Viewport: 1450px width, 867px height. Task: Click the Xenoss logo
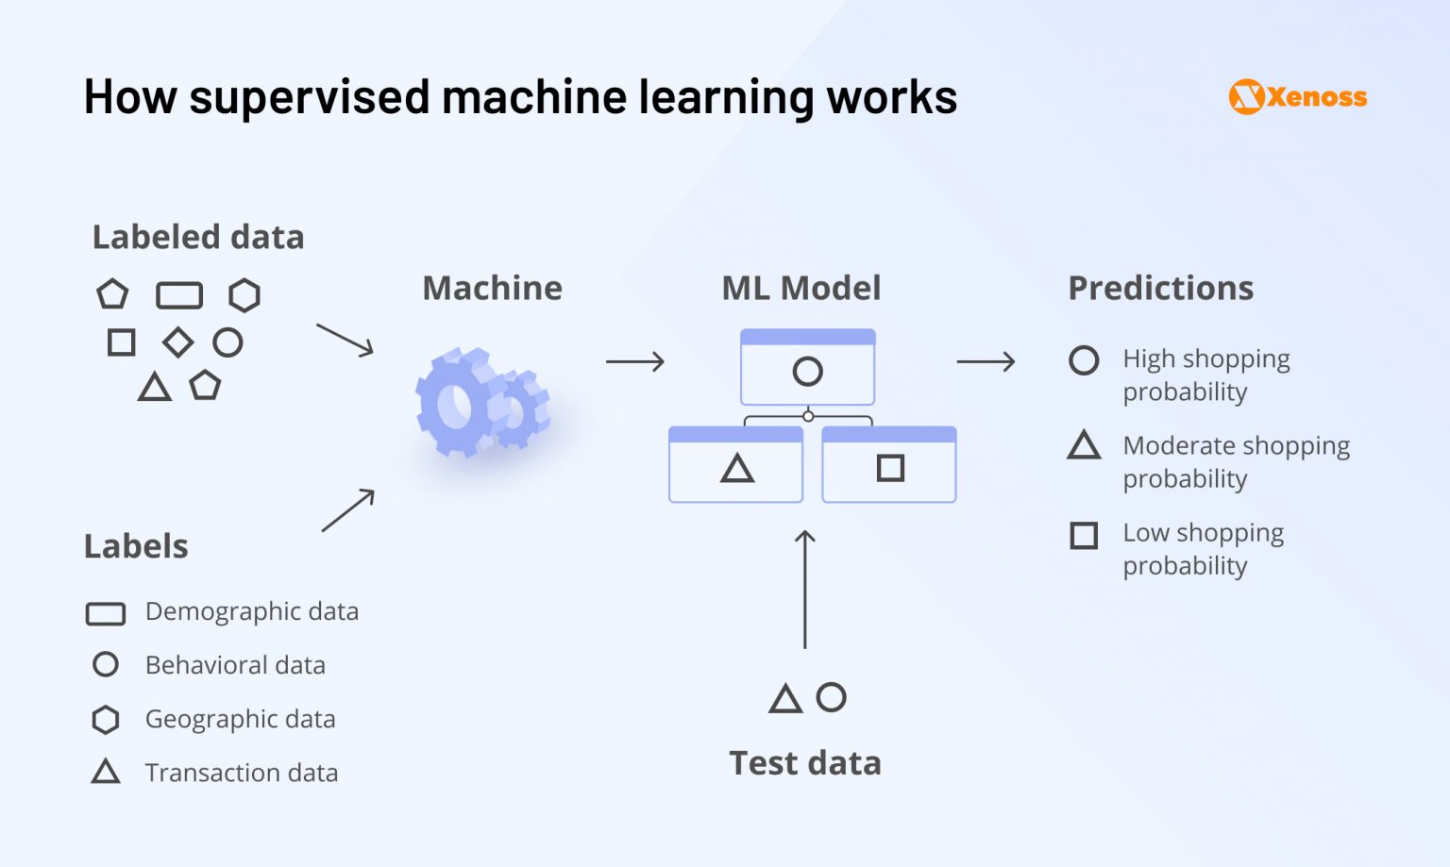pos(1297,97)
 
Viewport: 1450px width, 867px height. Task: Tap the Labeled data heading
pos(198,237)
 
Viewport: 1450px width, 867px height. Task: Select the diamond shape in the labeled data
pos(177,342)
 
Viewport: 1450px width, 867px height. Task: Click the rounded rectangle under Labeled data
pos(179,295)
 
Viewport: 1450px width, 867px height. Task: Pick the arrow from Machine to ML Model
pos(635,361)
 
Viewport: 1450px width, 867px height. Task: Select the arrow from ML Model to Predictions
pos(986,361)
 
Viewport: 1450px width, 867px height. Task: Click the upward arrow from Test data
pos(804,589)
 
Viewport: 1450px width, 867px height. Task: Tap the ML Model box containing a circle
pos(807,368)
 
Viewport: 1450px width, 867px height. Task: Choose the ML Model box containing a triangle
pos(735,465)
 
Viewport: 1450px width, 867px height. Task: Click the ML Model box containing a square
pos(889,465)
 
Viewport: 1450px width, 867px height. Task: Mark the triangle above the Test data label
pos(785,699)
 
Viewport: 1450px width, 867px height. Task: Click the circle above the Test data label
pos(831,697)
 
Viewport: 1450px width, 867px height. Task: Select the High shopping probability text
pos(1206,375)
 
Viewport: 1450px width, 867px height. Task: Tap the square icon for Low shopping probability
pos(1084,536)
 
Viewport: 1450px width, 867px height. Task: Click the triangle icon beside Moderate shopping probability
pos(1084,445)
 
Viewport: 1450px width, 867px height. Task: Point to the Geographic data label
pos(240,719)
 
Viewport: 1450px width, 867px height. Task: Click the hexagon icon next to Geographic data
pos(106,720)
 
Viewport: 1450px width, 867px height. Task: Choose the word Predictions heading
pos(1160,288)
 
